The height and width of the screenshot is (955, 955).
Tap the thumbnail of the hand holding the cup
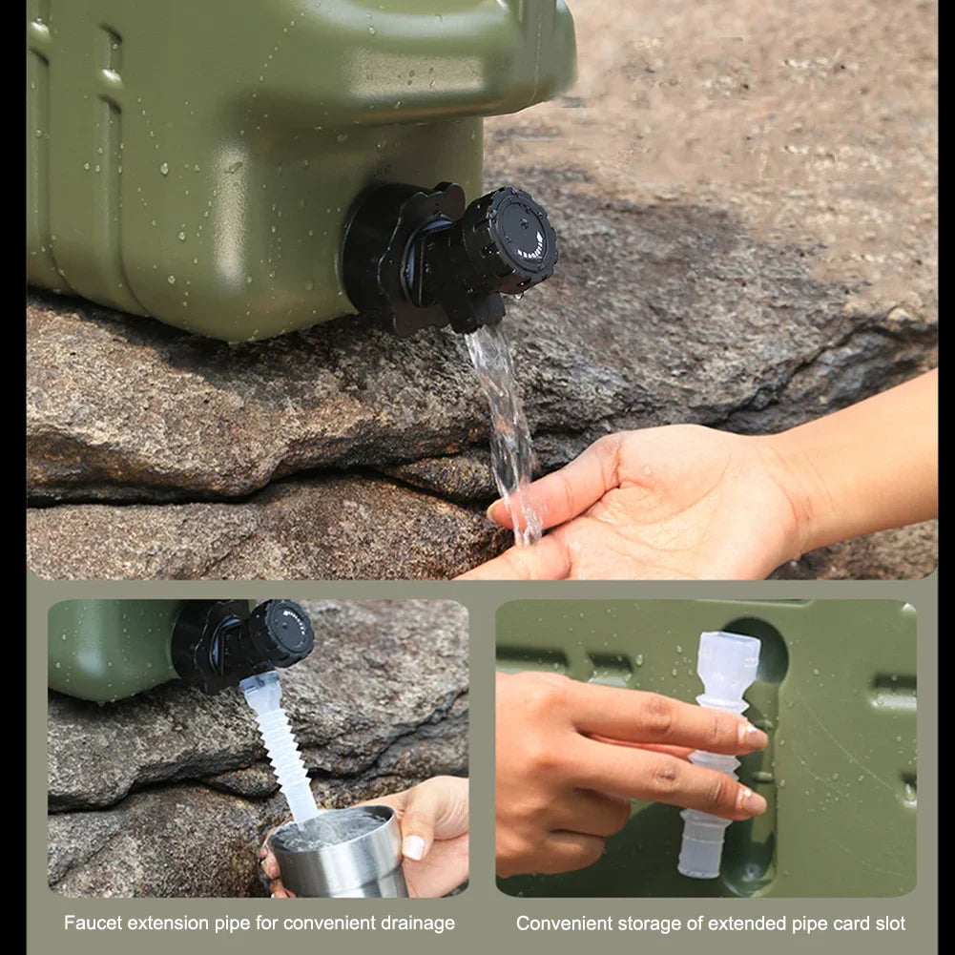413,846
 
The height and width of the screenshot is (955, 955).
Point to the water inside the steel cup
329,828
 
